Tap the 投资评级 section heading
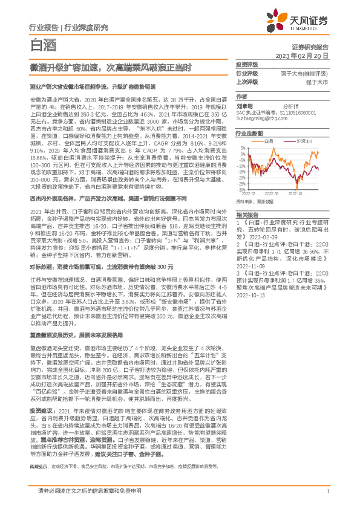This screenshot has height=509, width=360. (x=247, y=64)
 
